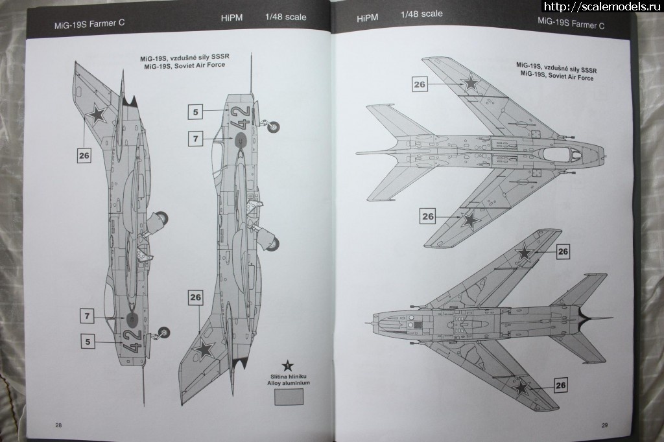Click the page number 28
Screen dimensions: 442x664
coord(58,425)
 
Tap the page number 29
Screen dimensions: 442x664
coord(604,426)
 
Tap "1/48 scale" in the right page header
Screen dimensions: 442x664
coord(421,14)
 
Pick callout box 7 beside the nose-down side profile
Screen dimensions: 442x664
coord(88,316)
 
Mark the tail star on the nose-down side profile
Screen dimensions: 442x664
coord(98,115)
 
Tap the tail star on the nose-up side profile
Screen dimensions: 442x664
coord(205,350)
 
